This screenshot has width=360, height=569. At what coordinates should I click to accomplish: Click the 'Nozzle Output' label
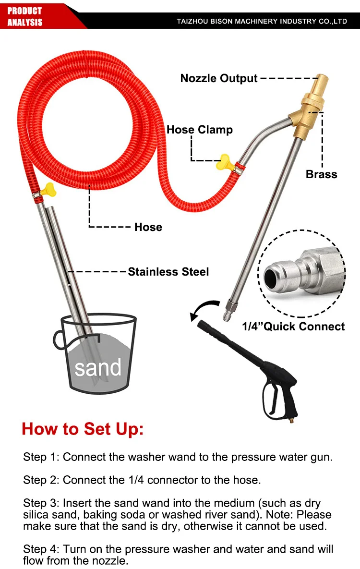pyautogui.click(x=219, y=78)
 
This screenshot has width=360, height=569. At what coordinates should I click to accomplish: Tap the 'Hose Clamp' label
pyautogui.click(x=199, y=130)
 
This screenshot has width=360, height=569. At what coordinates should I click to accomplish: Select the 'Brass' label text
pyautogui.click(x=321, y=174)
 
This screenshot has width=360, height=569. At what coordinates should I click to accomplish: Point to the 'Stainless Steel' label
pyautogui.click(x=168, y=272)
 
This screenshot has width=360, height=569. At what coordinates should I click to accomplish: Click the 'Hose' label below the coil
pyautogui.click(x=148, y=227)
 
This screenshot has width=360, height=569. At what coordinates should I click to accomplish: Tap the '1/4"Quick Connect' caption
pyautogui.click(x=293, y=327)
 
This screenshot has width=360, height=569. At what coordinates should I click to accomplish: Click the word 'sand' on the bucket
pyautogui.click(x=98, y=368)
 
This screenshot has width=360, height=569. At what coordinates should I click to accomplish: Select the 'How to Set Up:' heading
pyautogui.click(x=83, y=429)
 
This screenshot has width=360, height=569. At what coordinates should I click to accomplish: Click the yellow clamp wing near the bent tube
pyautogui.click(x=223, y=162)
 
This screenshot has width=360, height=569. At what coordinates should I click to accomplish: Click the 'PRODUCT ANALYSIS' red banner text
pyautogui.click(x=25, y=16)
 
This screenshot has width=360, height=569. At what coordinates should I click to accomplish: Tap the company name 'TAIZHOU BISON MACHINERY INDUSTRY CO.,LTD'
pyautogui.click(x=262, y=22)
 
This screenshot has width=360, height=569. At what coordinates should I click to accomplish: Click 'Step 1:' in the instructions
pyautogui.click(x=41, y=457)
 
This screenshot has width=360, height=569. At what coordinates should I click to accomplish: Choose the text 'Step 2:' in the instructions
pyautogui.click(x=41, y=480)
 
